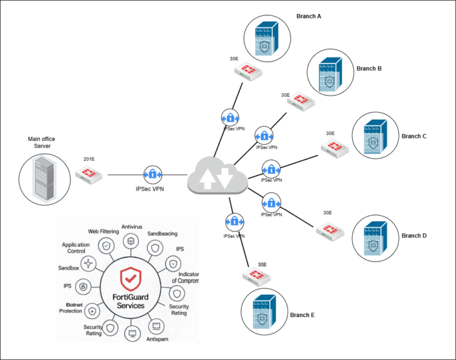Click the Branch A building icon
point(263,40)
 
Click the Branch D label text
point(414,236)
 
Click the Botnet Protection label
point(72,307)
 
